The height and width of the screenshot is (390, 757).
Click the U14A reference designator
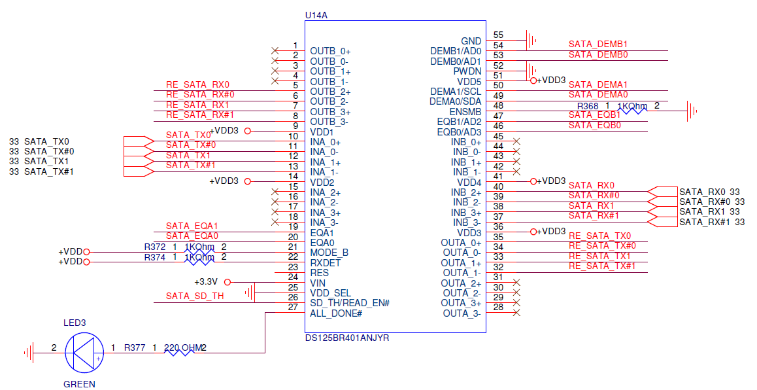tap(316, 14)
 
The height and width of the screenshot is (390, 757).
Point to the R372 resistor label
tap(155, 247)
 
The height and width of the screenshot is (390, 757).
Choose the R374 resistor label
tap(155, 257)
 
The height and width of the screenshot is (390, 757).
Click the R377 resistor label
tap(135, 348)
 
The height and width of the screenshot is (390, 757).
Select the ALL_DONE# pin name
tap(336, 313)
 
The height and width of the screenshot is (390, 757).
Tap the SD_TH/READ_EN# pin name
tap(350, 303)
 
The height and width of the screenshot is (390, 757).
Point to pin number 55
tap(498, 35)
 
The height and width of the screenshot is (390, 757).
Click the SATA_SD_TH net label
tap(195, 296)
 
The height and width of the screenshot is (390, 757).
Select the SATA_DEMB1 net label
tap(597, 44)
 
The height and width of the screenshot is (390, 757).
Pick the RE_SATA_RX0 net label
tap(197, 84)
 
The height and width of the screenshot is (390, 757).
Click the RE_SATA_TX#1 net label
tap(602, 266)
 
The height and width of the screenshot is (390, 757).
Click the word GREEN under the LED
tap(79, 385)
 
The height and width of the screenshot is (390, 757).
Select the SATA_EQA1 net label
tap(192, 226)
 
